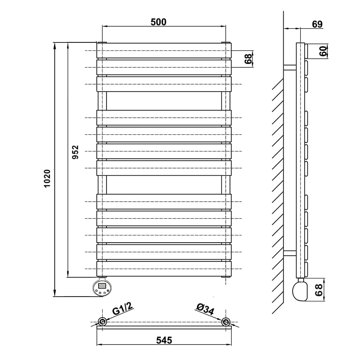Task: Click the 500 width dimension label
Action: click(158, 22)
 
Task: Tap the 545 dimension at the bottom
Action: click(164, 340)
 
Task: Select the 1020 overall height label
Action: click(47, 179)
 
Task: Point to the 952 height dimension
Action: click(75, 152)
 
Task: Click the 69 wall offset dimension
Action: click(317, 24)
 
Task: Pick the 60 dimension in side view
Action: click(323, 51)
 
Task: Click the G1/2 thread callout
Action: click(123, 309)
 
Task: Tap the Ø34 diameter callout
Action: click(205, 309)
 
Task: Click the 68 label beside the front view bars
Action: click(248, 59)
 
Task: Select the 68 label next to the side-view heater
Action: click(319, 290)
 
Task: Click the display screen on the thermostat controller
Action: click(102, 286)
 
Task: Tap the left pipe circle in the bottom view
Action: click(102, 321)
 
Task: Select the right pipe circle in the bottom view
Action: click(226, 321)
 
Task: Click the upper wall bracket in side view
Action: click(290, 67)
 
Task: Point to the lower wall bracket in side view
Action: click(290, 253)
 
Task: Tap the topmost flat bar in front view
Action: click(164, 50)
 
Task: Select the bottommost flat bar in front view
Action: click(164, 269)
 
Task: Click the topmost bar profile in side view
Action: click(306, 51)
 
